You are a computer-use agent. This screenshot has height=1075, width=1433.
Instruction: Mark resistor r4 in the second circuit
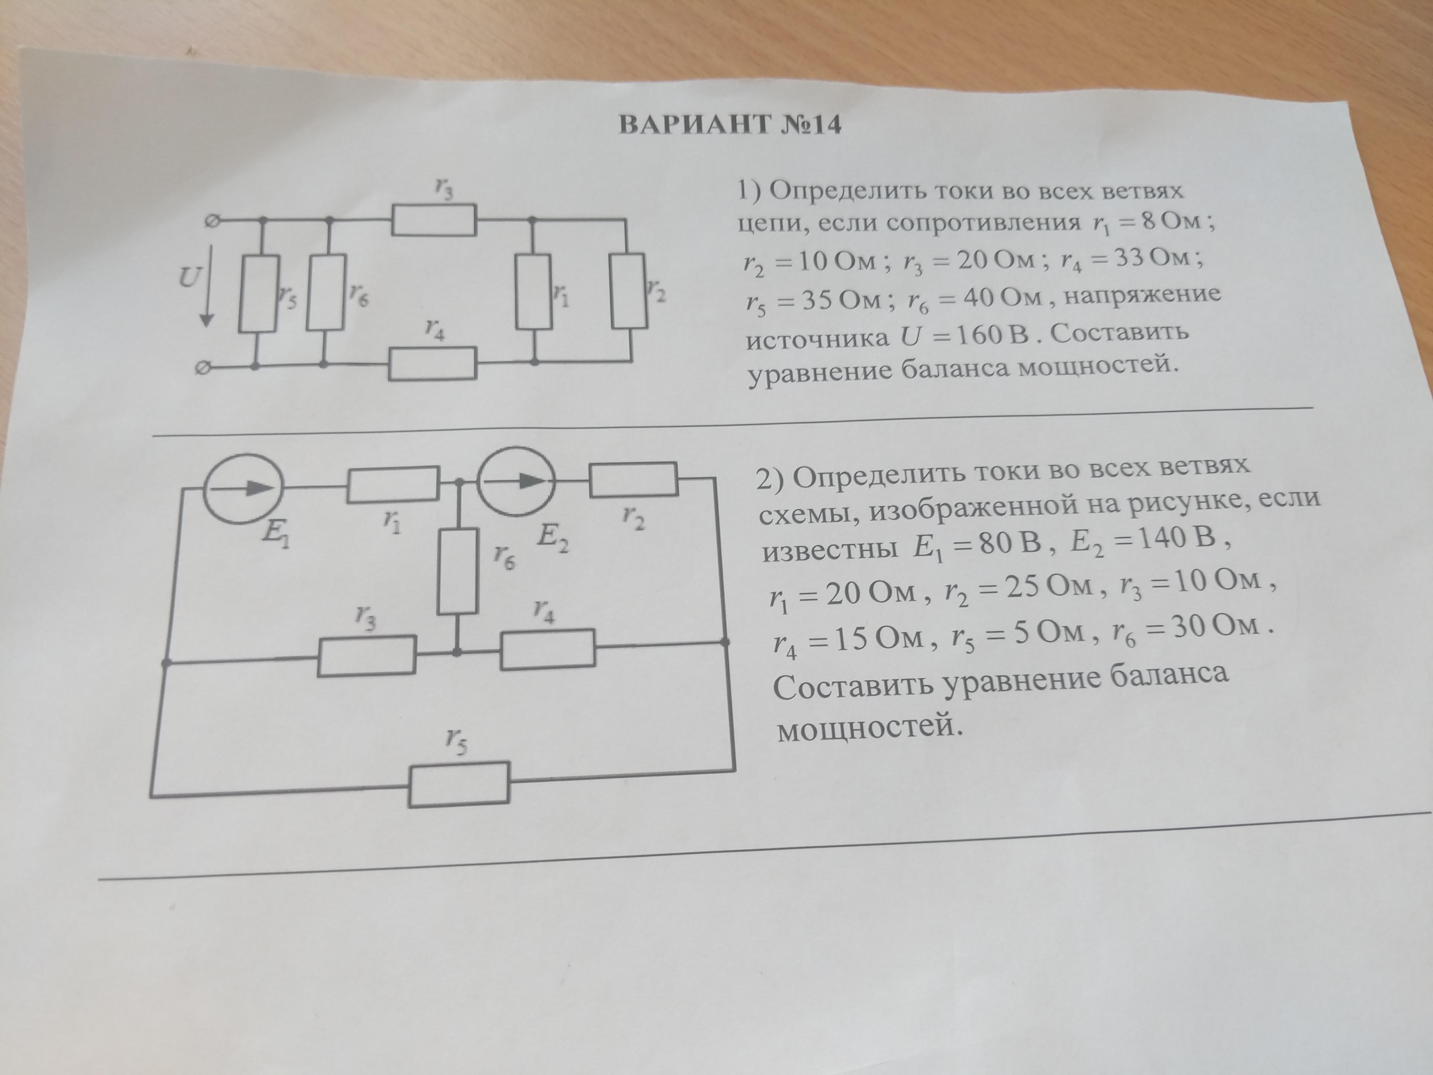[x=547, y=648]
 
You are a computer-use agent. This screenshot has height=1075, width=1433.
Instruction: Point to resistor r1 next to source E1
[x=393, y=484]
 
